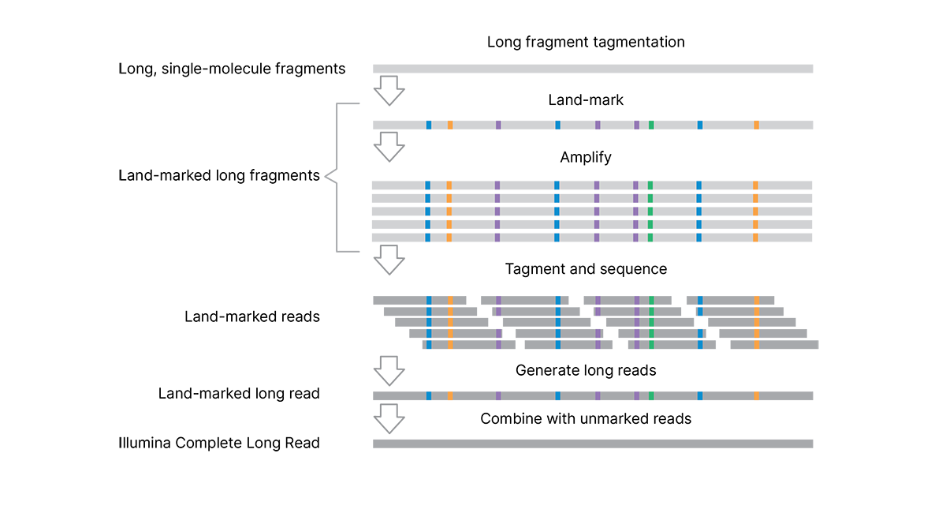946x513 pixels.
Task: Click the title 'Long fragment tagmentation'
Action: click(x=586, y=42)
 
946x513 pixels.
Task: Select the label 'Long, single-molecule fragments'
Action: click(x=232, y=69)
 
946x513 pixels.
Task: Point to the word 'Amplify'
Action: click(x=586, y=157)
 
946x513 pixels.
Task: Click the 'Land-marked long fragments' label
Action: click(x=219, y=175)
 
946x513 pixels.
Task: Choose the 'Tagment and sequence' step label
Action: click(x=586, y=269)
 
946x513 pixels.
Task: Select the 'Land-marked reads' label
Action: click(x=252, y=316)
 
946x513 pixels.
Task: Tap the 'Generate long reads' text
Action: click(x=586, y=370)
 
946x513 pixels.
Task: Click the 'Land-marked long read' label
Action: click(x=239, y=393)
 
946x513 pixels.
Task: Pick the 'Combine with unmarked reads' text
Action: click(x=586, y=418)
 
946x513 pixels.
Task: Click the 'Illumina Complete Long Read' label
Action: click(x=219, y=443)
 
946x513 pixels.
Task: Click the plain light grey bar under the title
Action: click(x=593, y=69)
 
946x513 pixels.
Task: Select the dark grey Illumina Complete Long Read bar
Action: click(x=593, y=444)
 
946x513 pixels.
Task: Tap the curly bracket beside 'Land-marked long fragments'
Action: click(x=335, y=177)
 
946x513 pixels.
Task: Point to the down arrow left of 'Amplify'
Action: click(x=389, y=147)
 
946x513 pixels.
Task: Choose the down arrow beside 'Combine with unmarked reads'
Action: click(x=389, y=418)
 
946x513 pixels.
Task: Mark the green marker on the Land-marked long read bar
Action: click(x=651, y=395)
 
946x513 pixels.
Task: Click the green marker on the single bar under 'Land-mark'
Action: click(x=651, y=125)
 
